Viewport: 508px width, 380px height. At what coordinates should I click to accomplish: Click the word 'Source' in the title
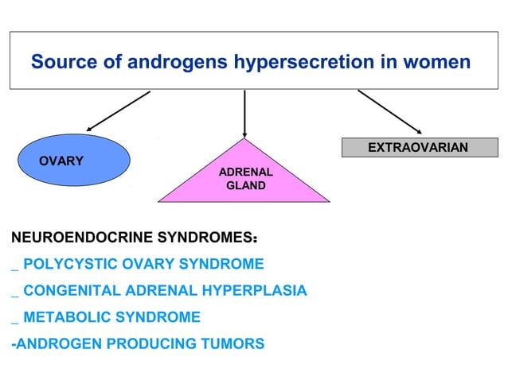coord(61,61)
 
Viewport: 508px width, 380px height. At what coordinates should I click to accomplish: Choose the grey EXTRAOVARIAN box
coord(416,147)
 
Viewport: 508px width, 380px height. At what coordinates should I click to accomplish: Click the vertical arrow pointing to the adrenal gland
coord(244,111)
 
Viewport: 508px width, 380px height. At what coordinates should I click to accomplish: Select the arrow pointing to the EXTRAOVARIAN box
coord(389,111)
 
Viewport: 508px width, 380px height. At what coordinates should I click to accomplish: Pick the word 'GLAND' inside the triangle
coord(245,187)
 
